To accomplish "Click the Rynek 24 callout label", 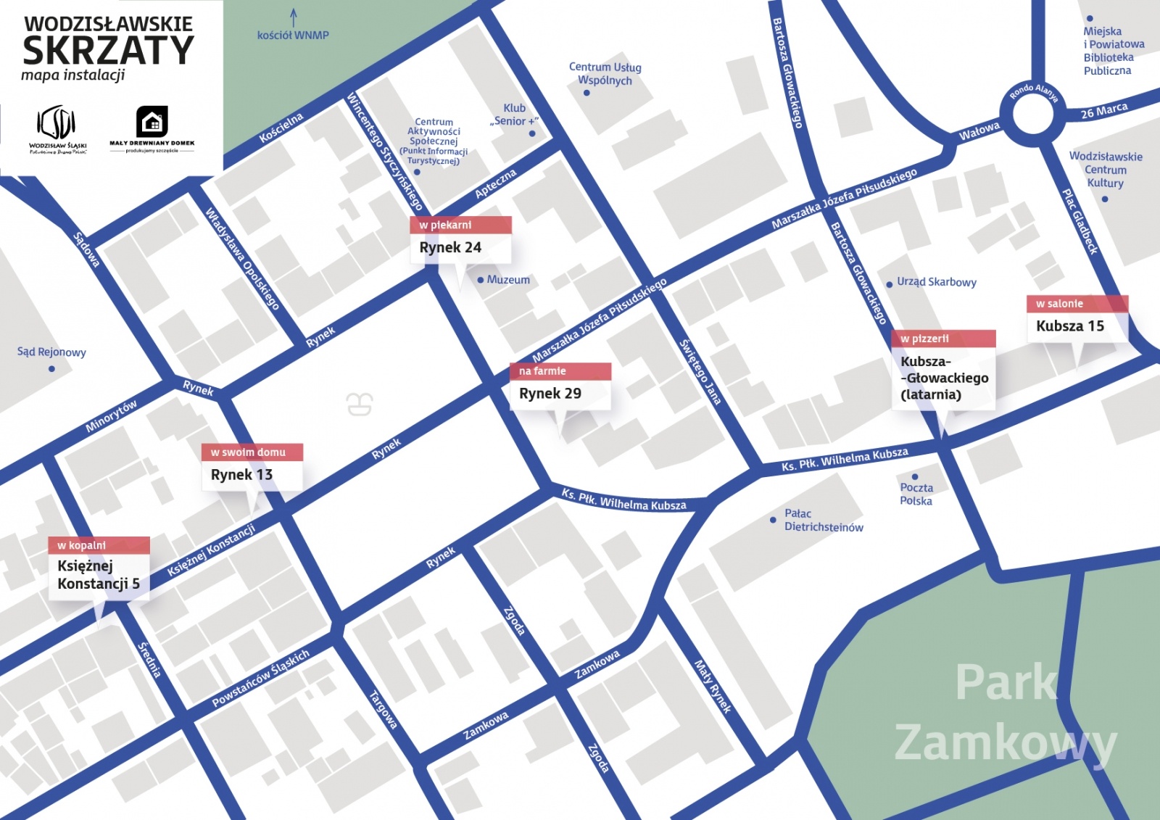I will click(450, 247).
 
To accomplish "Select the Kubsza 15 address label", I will click(1070, 326).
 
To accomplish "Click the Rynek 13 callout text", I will click(241, 475).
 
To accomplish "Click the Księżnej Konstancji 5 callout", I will click(99, 575).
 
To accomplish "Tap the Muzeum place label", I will click(507, 280).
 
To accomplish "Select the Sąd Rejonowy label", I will click(51, 352).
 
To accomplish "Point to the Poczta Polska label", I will click(916, 494).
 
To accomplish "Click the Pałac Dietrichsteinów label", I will click(823, 521).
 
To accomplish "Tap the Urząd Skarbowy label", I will click(936, 282).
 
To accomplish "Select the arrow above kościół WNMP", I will click(294, 17).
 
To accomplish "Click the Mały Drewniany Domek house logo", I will click(152, 121).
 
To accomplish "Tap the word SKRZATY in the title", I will click(109, 51).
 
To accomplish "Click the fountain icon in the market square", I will click(360, 403).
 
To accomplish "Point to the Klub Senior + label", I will click(515, 115).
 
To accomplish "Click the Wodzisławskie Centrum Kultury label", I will click(1105, 170).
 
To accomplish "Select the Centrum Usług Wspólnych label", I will click(605, 74).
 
